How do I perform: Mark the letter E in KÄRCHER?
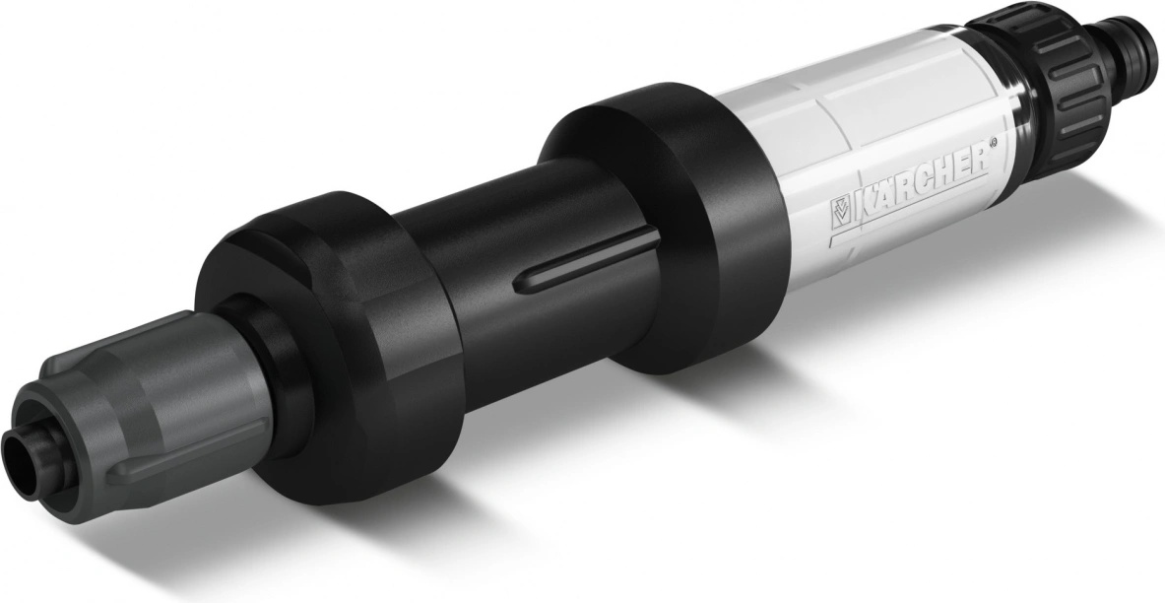[963, 168]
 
